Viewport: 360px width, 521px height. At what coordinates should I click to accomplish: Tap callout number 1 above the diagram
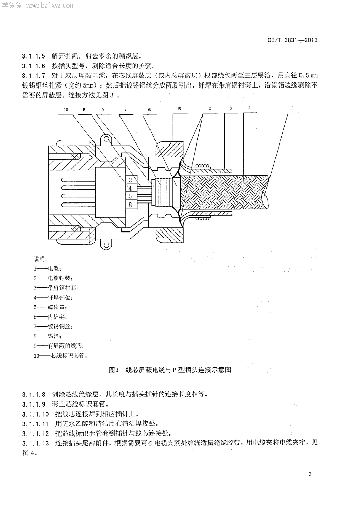tap(293, 108)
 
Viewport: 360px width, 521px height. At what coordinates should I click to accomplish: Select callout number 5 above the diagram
tap(179, 109)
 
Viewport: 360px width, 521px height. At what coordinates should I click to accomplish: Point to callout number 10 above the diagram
tap(66, 109)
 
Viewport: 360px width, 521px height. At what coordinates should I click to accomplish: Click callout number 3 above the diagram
tap(230, 108)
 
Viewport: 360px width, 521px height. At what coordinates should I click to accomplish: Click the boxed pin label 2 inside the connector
tap(130, 180)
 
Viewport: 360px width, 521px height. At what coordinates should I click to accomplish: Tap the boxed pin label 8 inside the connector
tap(130, 205)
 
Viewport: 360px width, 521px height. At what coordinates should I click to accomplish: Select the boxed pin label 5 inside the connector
tap(130, 196)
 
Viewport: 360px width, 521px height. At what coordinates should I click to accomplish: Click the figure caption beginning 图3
tap(170, 371)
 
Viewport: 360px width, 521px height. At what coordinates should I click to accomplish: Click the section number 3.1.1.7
tap(34, 76)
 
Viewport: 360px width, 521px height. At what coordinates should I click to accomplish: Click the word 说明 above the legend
tap(39, 258)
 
